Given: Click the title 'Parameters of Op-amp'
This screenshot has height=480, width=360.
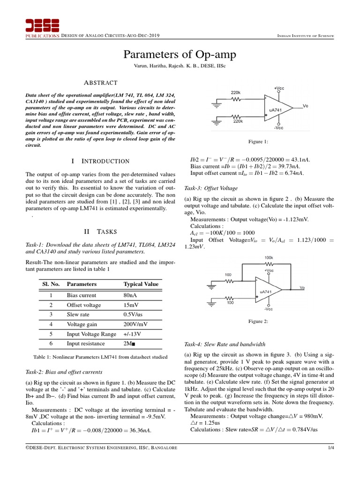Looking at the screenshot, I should point(180,55).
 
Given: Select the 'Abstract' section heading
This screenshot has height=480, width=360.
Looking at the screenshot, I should point(99,82).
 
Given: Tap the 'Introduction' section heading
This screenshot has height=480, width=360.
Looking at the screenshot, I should point(99,161).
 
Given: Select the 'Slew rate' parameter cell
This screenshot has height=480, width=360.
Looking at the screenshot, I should point(78,315).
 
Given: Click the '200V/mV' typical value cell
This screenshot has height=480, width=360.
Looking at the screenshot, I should point(135,324).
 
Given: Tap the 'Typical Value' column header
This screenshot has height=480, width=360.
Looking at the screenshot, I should point(141,284).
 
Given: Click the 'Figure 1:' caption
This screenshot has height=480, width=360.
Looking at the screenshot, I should point(257,141).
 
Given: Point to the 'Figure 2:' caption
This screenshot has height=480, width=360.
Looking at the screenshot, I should point(257,321).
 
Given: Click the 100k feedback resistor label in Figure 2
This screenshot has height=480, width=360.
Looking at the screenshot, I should point(269,258).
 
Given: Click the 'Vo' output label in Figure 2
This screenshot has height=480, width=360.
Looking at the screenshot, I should point(303,288).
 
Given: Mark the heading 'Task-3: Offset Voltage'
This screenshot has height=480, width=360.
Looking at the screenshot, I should point(211,188).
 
